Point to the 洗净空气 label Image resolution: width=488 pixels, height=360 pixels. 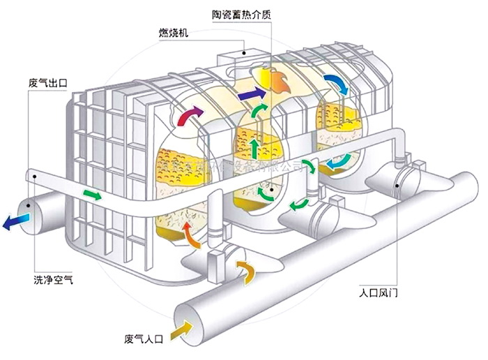(x=52, y=280)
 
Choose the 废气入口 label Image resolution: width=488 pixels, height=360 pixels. (x=144, y=340)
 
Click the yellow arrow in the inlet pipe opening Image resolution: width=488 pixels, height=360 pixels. (x=183, y=326)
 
